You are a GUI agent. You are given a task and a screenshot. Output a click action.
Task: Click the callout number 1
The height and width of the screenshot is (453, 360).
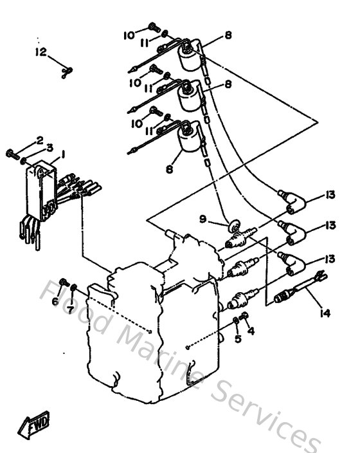[63, 155]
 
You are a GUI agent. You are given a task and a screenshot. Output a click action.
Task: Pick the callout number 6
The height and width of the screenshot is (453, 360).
[56, 301]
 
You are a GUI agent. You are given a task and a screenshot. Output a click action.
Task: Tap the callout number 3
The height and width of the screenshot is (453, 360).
[49, 147]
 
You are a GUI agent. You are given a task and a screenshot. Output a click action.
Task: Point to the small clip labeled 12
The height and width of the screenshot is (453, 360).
[65, 73]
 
